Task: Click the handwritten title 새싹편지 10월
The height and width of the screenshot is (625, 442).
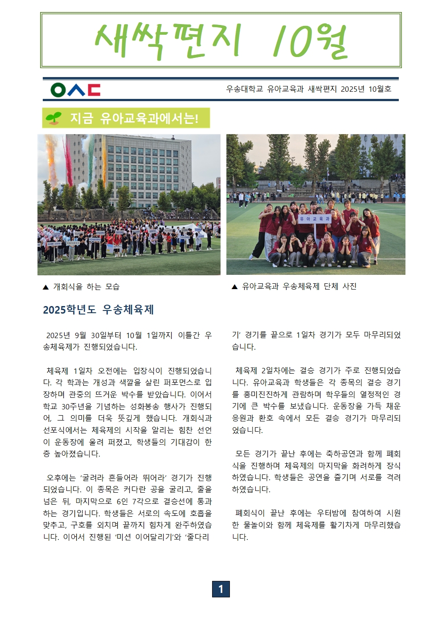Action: click(x=221, y=41)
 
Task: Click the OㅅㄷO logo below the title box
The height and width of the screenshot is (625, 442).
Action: click(x=75, y=90)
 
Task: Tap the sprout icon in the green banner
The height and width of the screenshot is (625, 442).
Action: click(x=53, y=118)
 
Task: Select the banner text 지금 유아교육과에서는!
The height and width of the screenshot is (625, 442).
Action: click(x=134, y=118)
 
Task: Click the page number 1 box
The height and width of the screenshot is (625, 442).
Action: click(x=221, y=589)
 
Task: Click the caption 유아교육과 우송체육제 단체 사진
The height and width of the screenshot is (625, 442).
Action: click(x=299, y=286)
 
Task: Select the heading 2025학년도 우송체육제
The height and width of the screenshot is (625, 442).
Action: click(x=98, y=310)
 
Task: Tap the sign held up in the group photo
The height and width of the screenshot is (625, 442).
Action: click(x=315, y=219)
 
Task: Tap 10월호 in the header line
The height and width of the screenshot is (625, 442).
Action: click(x=380, y=89)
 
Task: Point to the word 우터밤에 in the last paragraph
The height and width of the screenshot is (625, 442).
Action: click(x=331, y=513)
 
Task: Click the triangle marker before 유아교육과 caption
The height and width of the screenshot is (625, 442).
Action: click(x=234, y=287)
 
